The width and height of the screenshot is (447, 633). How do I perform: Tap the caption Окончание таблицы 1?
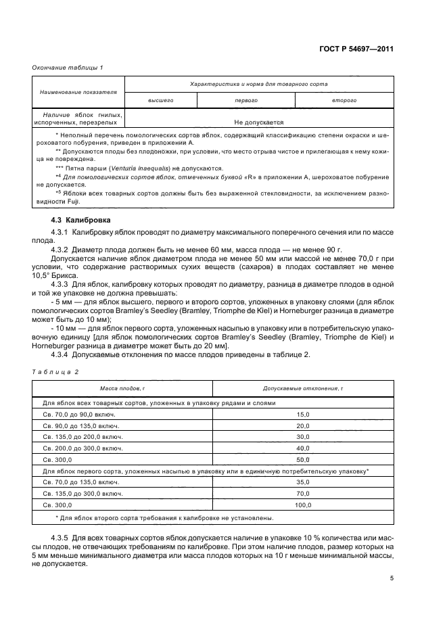[68, 68]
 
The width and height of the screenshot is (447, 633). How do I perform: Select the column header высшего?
[161, 100]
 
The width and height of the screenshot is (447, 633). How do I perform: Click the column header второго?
[344, 100]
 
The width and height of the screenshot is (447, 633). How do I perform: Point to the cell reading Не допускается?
[258, 122]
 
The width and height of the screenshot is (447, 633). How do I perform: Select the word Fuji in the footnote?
[73, 202]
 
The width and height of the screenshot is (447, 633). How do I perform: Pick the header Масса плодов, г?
[122, 389]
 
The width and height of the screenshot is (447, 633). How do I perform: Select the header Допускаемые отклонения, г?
[302, 389]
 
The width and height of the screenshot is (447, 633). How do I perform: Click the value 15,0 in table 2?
[302, 414]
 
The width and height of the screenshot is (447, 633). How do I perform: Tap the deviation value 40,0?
[302, 448]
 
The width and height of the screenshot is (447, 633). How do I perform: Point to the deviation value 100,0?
[302, 505]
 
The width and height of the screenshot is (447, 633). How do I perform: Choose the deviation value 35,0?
[302, 482]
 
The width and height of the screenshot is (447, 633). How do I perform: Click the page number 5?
[392, 578]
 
